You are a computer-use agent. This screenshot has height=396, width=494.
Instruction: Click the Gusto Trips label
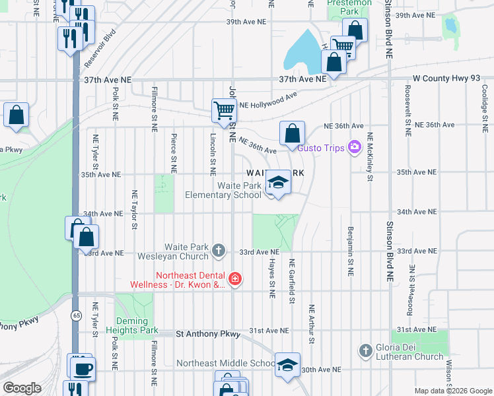tap(321, 147)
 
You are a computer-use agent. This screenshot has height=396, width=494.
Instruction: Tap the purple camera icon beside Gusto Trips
tap(355, 147)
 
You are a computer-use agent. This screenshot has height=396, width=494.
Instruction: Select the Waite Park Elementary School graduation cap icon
tap(278, 183)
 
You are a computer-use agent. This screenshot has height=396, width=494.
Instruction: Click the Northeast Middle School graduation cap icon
tap(287, 365)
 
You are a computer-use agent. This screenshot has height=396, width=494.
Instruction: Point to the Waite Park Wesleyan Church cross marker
tap(219, 251)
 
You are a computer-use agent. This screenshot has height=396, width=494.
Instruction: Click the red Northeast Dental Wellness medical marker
tap(235, 280)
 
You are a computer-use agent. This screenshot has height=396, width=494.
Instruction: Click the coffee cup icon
tap(83, 369)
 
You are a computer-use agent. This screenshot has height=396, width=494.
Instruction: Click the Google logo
tap(22, 388)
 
